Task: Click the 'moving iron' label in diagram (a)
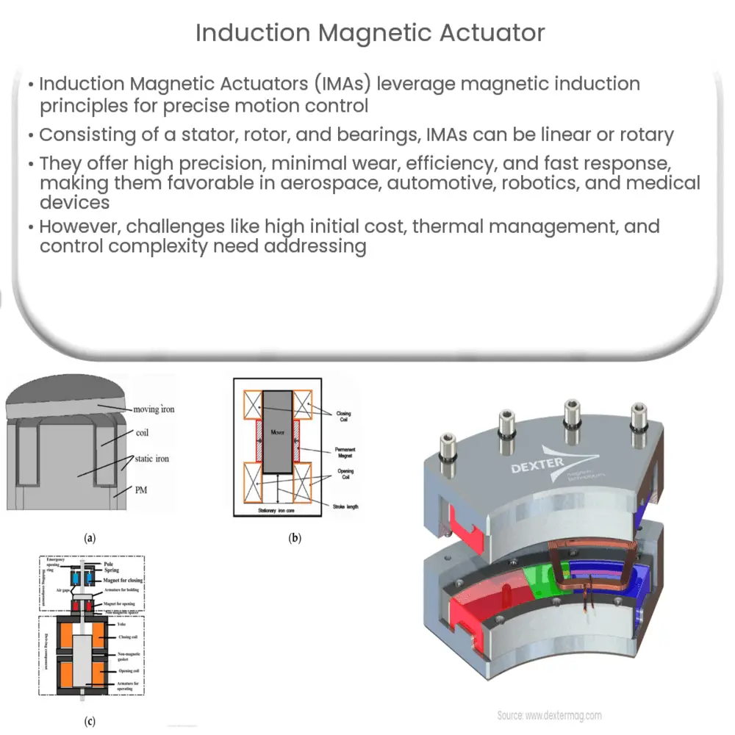pyautogui.click(x=154, y=409)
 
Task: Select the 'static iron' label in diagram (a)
pyautogui.click(x=152, y=459)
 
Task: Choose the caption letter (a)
pyautogui.click(x=90, y=538)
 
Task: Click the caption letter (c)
pyautogui.click(x=90, y=721)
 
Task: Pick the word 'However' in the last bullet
pyautogui.click(x=78, y=226)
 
